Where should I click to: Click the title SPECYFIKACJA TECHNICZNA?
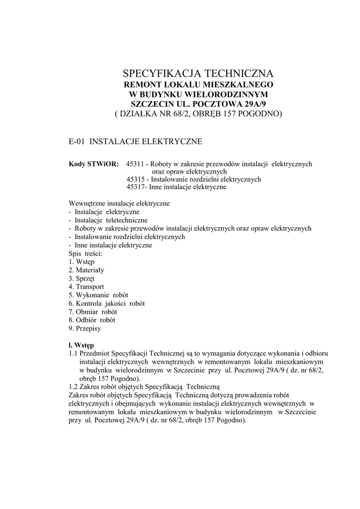tap(198, 74)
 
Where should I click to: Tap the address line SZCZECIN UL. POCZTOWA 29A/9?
tap(198, 104)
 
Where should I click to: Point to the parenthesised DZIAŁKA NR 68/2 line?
tap(198, 114)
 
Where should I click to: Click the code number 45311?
tap(135, 164)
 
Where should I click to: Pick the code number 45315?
tap(135, 179)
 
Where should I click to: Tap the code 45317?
tap(135, 187)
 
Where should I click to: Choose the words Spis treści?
tap(86, 254)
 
